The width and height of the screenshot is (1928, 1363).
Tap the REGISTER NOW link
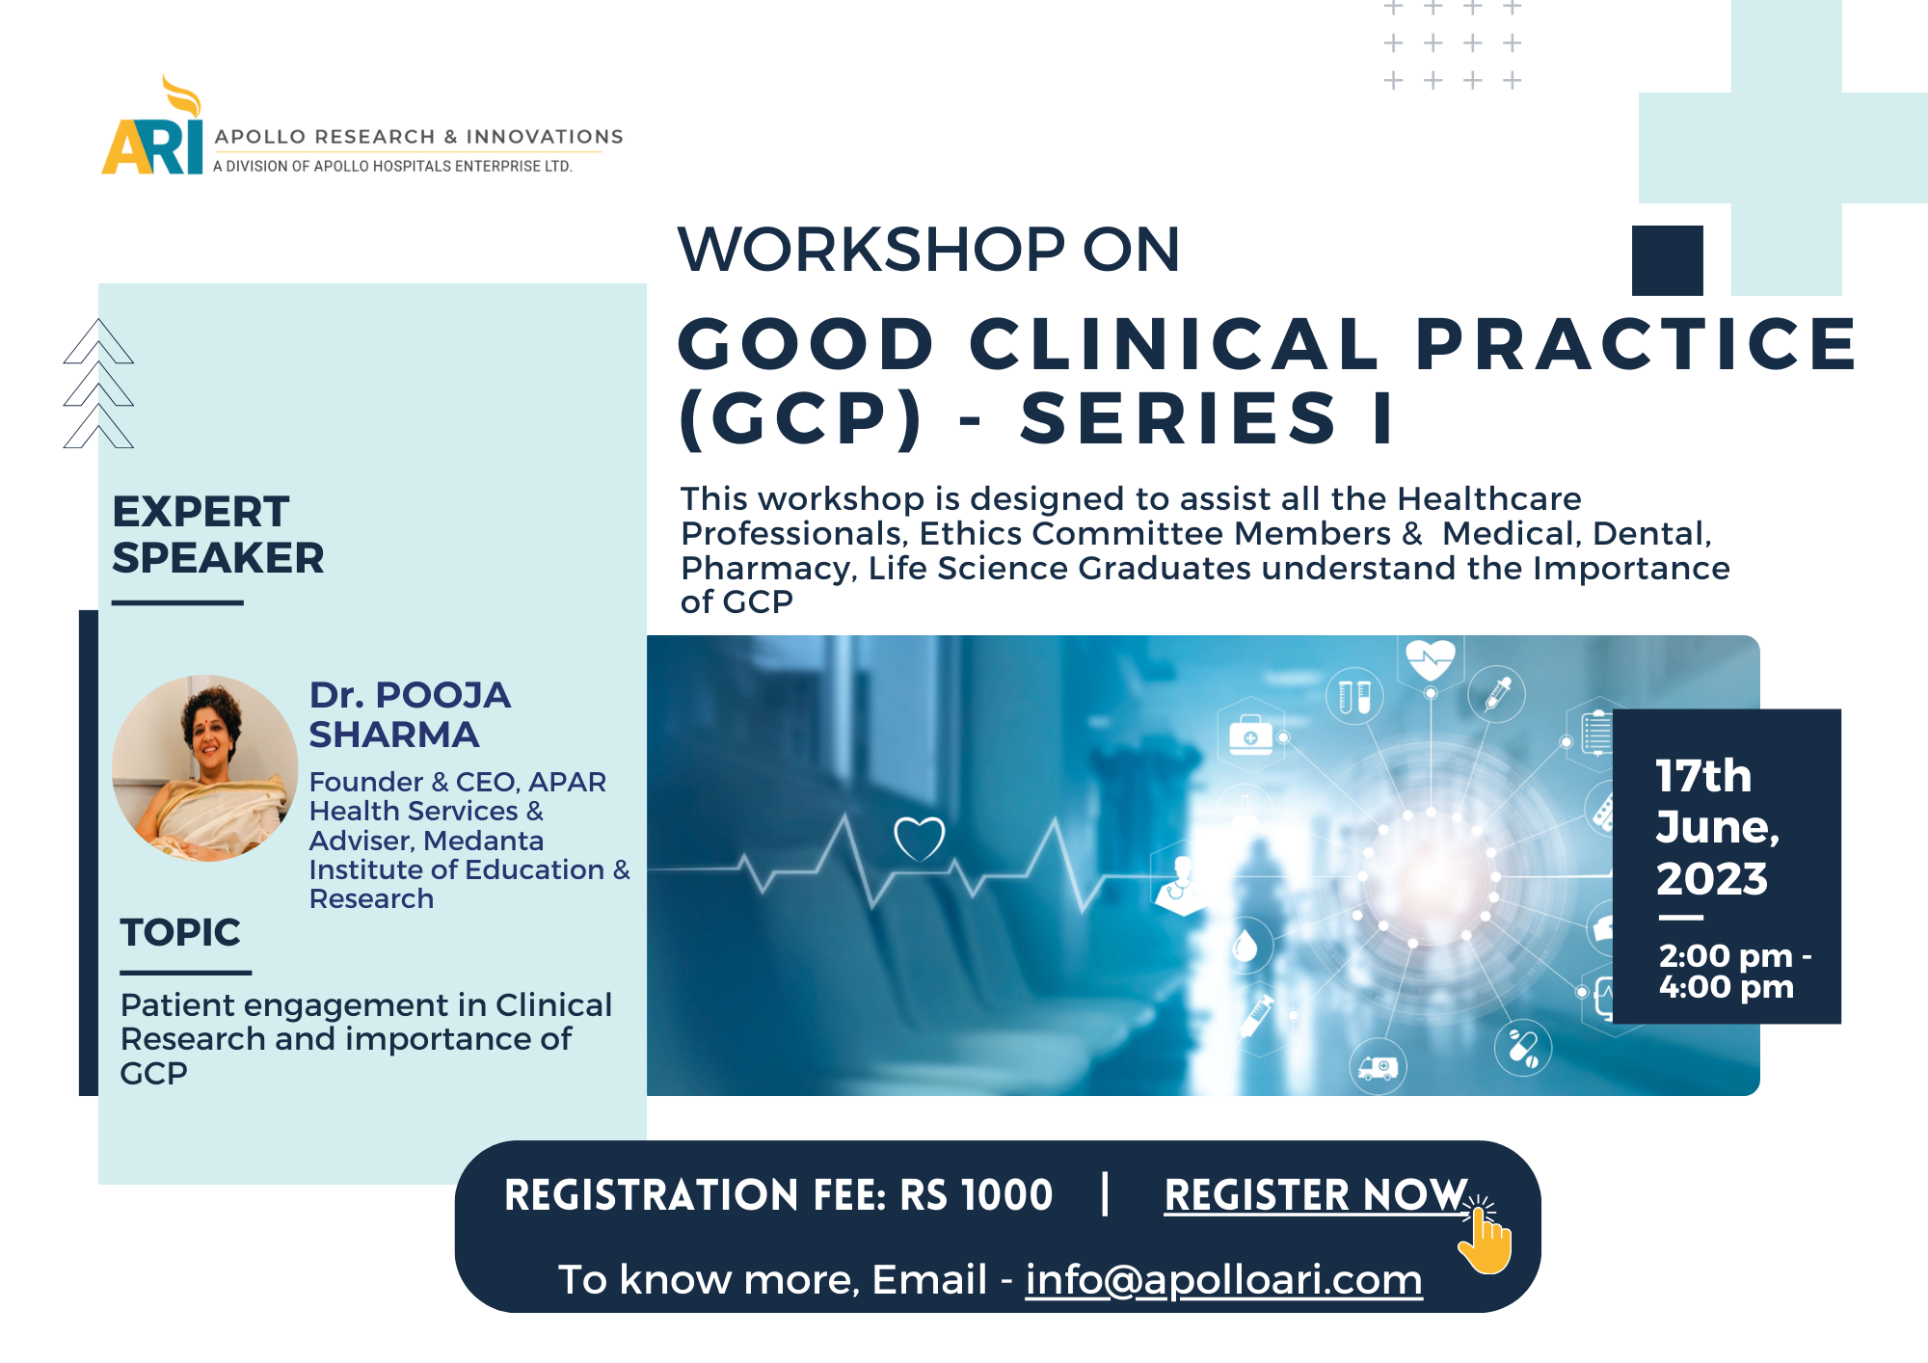pos(1316,1195)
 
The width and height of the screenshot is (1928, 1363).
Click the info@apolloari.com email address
pos(1223,1280)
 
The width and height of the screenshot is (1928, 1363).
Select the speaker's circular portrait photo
pos(204,768)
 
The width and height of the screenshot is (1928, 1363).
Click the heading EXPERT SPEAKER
pos(218,535)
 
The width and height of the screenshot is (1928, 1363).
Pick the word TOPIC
pos(180,932)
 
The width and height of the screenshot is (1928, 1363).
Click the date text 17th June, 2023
pos(1717,827)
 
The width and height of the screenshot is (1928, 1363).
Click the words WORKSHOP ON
pos(928,250)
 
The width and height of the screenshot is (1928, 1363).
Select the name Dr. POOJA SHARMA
pos(410,714)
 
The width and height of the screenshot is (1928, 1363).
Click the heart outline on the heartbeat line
pos(920,840)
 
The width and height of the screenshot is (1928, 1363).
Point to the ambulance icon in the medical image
pos(1378,1068)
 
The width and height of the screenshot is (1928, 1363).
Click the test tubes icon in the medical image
pos(1354,696)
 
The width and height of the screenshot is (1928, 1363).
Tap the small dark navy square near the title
pos(1668,260)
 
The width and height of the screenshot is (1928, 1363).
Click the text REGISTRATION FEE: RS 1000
pos(779,1195)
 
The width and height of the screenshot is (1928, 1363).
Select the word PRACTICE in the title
pos(1636,344)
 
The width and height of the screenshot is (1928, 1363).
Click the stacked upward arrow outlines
pos(98,384)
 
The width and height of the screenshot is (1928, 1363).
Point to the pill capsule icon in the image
pos(1523,1048)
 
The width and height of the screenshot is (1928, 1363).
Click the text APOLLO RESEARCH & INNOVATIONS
pos(418,137)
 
